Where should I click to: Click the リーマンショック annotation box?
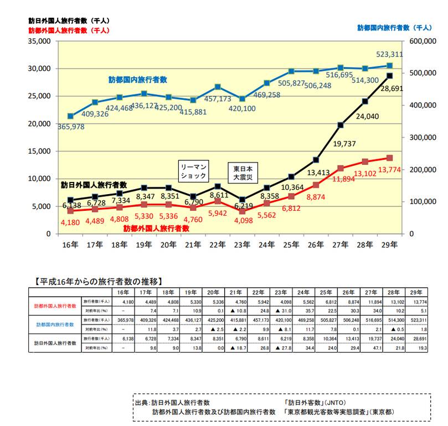(x=193, y=171)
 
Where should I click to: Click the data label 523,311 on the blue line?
(x=389, y=54)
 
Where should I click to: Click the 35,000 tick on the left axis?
(x=40, y=41)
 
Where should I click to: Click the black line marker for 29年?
(x=389, y=75)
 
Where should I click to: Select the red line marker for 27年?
(x=341, y=168)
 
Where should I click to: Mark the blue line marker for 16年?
(x=70, y=116)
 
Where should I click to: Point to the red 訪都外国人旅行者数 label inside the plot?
(x=156, y=228)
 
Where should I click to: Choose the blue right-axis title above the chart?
(x=394, y=27)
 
